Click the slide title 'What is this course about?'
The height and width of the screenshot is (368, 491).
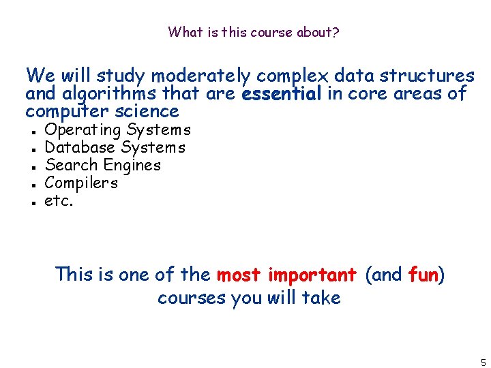tap(253, 32)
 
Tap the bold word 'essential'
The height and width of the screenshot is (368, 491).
tap(282, 93)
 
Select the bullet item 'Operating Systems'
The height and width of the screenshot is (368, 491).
tap(117, 129)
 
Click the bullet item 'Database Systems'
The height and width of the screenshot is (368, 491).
tap(115, 147)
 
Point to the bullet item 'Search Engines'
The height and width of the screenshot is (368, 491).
tap(102, 165)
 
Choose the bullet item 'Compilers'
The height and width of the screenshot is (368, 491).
tap(81, 183)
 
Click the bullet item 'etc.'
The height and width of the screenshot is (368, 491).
tap(58, 200)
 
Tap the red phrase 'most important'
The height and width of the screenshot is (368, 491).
tap(286, 275)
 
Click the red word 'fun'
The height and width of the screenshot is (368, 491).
tap(423, 275)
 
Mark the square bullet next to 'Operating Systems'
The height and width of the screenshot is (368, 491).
tap(33, 131)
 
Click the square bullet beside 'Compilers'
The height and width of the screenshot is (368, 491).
tap(33, 184)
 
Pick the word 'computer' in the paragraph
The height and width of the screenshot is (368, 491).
tap(69, 111)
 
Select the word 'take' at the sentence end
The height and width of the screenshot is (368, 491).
tap(323, 298)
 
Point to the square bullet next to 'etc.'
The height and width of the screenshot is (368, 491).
tap(33, 202)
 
